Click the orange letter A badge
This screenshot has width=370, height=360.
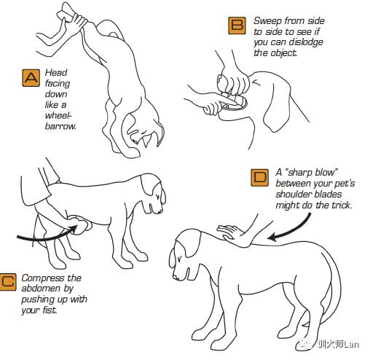31,78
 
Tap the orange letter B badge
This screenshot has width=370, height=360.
237,26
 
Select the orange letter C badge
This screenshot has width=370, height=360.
8,282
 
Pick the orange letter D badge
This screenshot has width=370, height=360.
259,178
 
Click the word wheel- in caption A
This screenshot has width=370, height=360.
58,115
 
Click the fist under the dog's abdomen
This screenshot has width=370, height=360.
82,225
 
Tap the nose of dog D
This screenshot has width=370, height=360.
175,277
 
